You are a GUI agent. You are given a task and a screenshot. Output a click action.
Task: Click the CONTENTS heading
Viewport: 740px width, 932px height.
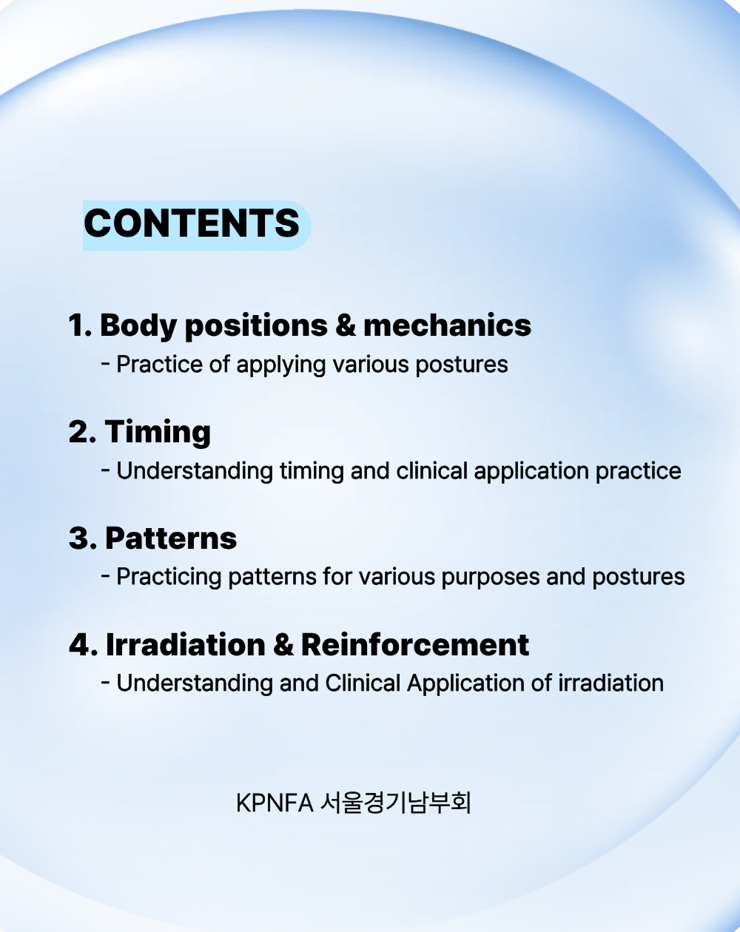[192, 223]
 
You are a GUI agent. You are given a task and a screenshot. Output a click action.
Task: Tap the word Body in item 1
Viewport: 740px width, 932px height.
[138, 325]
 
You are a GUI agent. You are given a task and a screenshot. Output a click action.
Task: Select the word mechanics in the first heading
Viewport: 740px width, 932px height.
[447, 325]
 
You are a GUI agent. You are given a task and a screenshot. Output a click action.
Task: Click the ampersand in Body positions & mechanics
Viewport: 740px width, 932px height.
[346, 325]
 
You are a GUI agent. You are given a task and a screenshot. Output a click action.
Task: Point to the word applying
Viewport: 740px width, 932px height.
[280, 365]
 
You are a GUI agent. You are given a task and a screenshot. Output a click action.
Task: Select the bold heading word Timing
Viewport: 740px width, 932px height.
[158, 433]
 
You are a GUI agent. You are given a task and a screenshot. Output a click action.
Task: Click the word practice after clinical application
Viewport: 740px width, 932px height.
[638, 472]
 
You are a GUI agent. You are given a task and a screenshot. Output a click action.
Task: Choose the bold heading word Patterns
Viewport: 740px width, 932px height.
[171, 538]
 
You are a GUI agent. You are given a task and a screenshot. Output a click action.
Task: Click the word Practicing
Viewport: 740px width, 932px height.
[169, 578]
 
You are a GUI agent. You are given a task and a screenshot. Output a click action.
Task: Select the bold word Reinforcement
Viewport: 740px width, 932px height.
[414, 644]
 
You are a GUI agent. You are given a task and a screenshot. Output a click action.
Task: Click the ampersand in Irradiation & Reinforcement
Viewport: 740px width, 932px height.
[283, 645]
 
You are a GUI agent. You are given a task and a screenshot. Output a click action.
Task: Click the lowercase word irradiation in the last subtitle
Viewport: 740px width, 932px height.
[610, 683]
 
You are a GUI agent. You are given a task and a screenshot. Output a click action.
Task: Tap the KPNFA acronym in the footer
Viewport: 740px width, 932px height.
[275, 803]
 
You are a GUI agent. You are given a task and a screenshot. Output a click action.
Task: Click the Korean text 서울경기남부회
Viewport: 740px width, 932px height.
[395, 803]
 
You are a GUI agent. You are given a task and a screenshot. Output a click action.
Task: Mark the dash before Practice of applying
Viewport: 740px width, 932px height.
[105, 363]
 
